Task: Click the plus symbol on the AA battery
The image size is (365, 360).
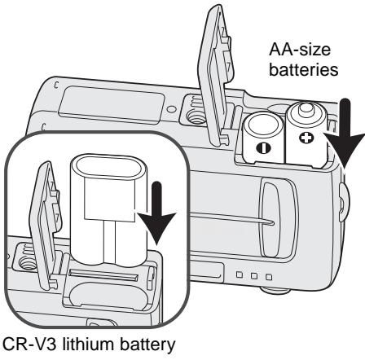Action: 306,138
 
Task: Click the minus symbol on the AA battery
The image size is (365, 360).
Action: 263,148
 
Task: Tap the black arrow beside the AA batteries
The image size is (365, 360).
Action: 345,132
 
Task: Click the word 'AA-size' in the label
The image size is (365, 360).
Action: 300,50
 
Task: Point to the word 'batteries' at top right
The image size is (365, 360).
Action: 304,69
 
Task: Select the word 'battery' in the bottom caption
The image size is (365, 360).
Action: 147,345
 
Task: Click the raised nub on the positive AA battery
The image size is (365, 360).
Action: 306,108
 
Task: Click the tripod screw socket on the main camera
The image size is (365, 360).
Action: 193,117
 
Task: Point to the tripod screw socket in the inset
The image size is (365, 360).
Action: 27,263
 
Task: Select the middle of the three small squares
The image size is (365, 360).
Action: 254,276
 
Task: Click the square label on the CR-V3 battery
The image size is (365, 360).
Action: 110,199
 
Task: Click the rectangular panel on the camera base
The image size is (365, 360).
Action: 112,105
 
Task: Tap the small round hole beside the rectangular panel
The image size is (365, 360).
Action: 171,109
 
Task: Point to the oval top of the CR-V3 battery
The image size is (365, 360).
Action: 108,169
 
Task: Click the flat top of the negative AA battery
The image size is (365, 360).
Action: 263,125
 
